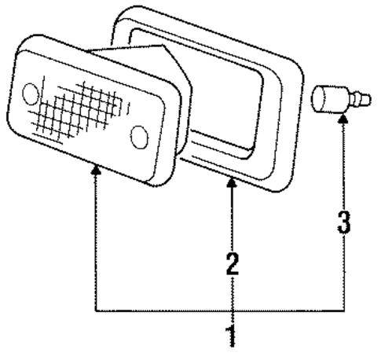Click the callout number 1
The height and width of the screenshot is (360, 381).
coord(232,336)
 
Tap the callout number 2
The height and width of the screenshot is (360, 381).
coord(233,264)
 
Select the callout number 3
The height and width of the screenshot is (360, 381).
coord(344,222)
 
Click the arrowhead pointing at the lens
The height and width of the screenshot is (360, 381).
coord(96,170)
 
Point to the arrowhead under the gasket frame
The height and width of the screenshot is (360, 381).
coord(232,182)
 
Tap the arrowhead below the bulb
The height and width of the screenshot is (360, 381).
coord(343,119)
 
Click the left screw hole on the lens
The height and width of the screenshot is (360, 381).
coord(31,94)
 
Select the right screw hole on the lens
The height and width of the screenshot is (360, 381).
coord(139,138)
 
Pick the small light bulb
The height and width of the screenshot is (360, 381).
coord(341,100)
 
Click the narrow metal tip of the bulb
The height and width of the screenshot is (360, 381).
coord(362,99)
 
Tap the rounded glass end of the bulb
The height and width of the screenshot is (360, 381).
coord(317,99)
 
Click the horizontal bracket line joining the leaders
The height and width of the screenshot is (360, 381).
coord(220,310)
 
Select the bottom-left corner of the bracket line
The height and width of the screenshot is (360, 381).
coord(96,310)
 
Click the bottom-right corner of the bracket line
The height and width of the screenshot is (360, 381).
coord(344,310)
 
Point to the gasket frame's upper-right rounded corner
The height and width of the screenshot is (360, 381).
coord(297,64)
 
